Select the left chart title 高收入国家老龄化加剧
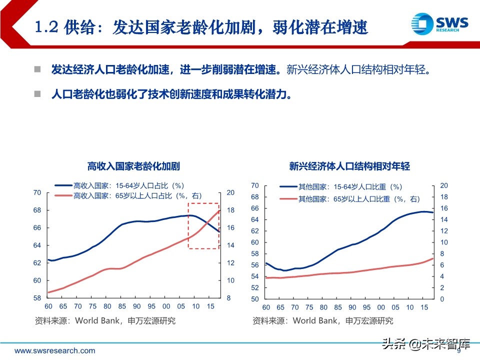coord(133,166)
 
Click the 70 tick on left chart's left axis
coord(37,192)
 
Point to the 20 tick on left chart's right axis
coord(230,192)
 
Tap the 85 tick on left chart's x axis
coord(122,306)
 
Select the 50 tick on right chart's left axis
coord(254,299)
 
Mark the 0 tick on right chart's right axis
coord(441,299)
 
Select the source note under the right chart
coord(322,320)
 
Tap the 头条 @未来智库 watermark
coord(426,343)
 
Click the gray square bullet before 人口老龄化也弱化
coord(37,94)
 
